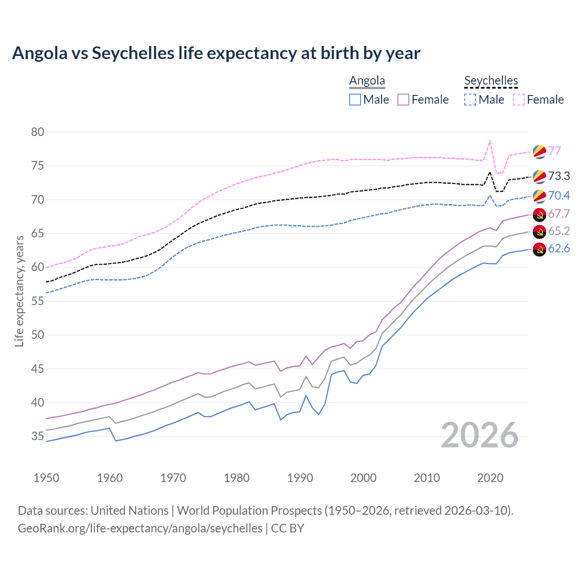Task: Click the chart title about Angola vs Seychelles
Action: click(216, 53)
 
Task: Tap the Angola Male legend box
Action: click(355, 100)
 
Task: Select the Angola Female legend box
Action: click(403, 100)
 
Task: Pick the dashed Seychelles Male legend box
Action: click(470, 100)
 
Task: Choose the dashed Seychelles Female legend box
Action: click(519, 100)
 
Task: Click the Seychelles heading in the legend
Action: click(491, 80)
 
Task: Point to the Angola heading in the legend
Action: click(367, 80)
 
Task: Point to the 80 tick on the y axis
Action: click(38, 132)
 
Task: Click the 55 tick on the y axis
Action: click(38, 301)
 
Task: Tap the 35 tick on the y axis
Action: click(38, 436)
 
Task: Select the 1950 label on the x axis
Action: click(46, 478)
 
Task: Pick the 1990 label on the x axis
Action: click(300, 478)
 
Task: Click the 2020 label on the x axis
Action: click(490, 478)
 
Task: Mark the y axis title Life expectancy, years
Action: click(19, 291)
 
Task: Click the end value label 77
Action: click(554, 151)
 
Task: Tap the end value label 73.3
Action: click(559, 176)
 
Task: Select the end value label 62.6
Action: click(559, 248)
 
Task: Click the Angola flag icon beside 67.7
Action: click(539, 215)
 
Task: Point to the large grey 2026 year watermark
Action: click(480, 435)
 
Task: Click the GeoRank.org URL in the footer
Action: click(140, 528)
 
